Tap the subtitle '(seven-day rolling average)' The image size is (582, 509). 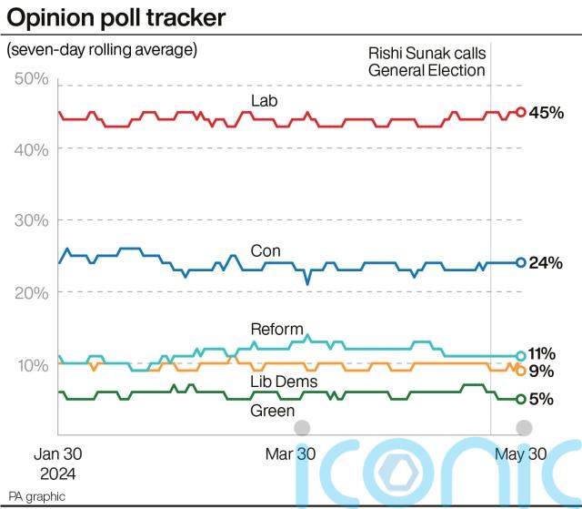point(102,49)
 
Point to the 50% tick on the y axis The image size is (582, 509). point(33,79)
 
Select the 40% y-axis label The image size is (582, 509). point(33,149)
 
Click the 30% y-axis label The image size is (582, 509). point(33,220)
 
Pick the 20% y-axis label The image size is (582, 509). point(33,291)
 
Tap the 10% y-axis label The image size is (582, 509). point(33,364)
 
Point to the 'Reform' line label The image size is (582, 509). point(276,329)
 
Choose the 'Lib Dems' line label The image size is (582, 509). point(278,380)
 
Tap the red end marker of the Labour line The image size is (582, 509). point(520,112)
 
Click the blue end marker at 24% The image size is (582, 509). point(520,262)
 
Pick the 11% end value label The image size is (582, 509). point(543,353)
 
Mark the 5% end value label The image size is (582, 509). point(542,398)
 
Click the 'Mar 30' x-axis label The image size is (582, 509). point(290,454)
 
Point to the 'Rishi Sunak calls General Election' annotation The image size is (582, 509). point(426,62)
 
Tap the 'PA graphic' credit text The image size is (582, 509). point(36,497)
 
